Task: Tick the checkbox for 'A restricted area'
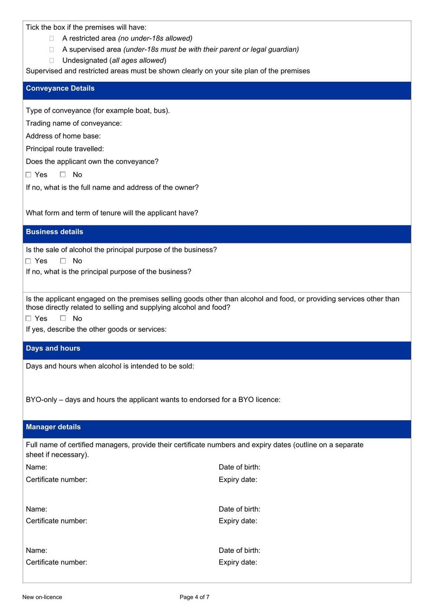point(52,38)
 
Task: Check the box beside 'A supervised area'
point(52,49)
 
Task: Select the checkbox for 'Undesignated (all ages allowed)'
point(52,60)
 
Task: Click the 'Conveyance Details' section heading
point(60,89)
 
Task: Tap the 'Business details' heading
point(54,232)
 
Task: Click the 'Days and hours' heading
point(53,348)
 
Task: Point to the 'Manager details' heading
point(53,427)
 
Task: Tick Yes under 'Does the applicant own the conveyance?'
point(28,175)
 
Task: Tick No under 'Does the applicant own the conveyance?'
point(63,174)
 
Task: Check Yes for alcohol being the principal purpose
point(28,261)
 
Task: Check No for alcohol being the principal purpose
point(63,261)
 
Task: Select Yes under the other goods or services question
point(28,318)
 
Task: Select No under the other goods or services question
point(63,318)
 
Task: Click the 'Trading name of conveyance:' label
point(74,123)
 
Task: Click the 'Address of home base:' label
point(63,136)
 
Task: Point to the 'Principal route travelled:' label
point(65,149)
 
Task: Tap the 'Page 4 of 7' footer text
point(194,597)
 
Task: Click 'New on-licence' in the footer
point(42,597)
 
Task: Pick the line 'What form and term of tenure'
point(112,213)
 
